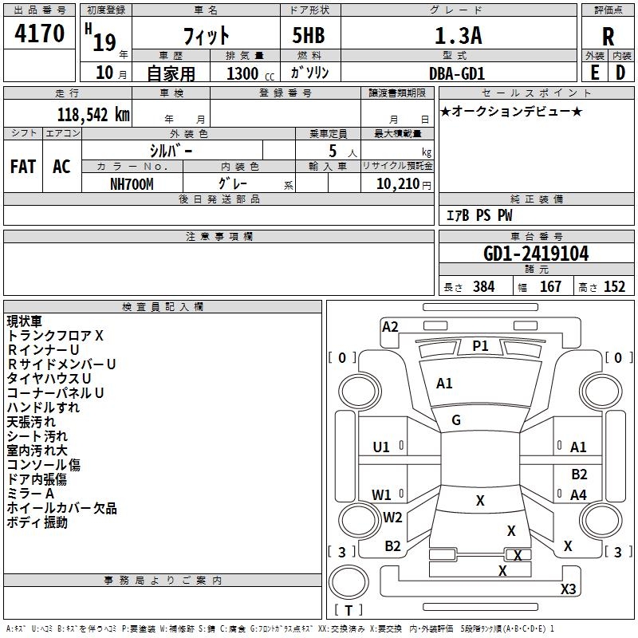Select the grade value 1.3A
[458, 35]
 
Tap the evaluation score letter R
[608, 36]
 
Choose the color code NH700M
[132, 183]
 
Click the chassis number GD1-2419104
[536, 254]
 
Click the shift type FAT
[23, 167]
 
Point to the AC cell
[61, 167]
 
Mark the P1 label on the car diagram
[480, 345]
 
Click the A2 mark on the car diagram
[390, 326]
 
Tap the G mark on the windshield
[456, 420]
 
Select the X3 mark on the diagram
[568, 589]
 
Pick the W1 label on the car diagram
[382, 494]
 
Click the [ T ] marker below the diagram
[349, 610]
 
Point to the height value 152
[614, 287]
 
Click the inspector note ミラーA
[31, 494]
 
